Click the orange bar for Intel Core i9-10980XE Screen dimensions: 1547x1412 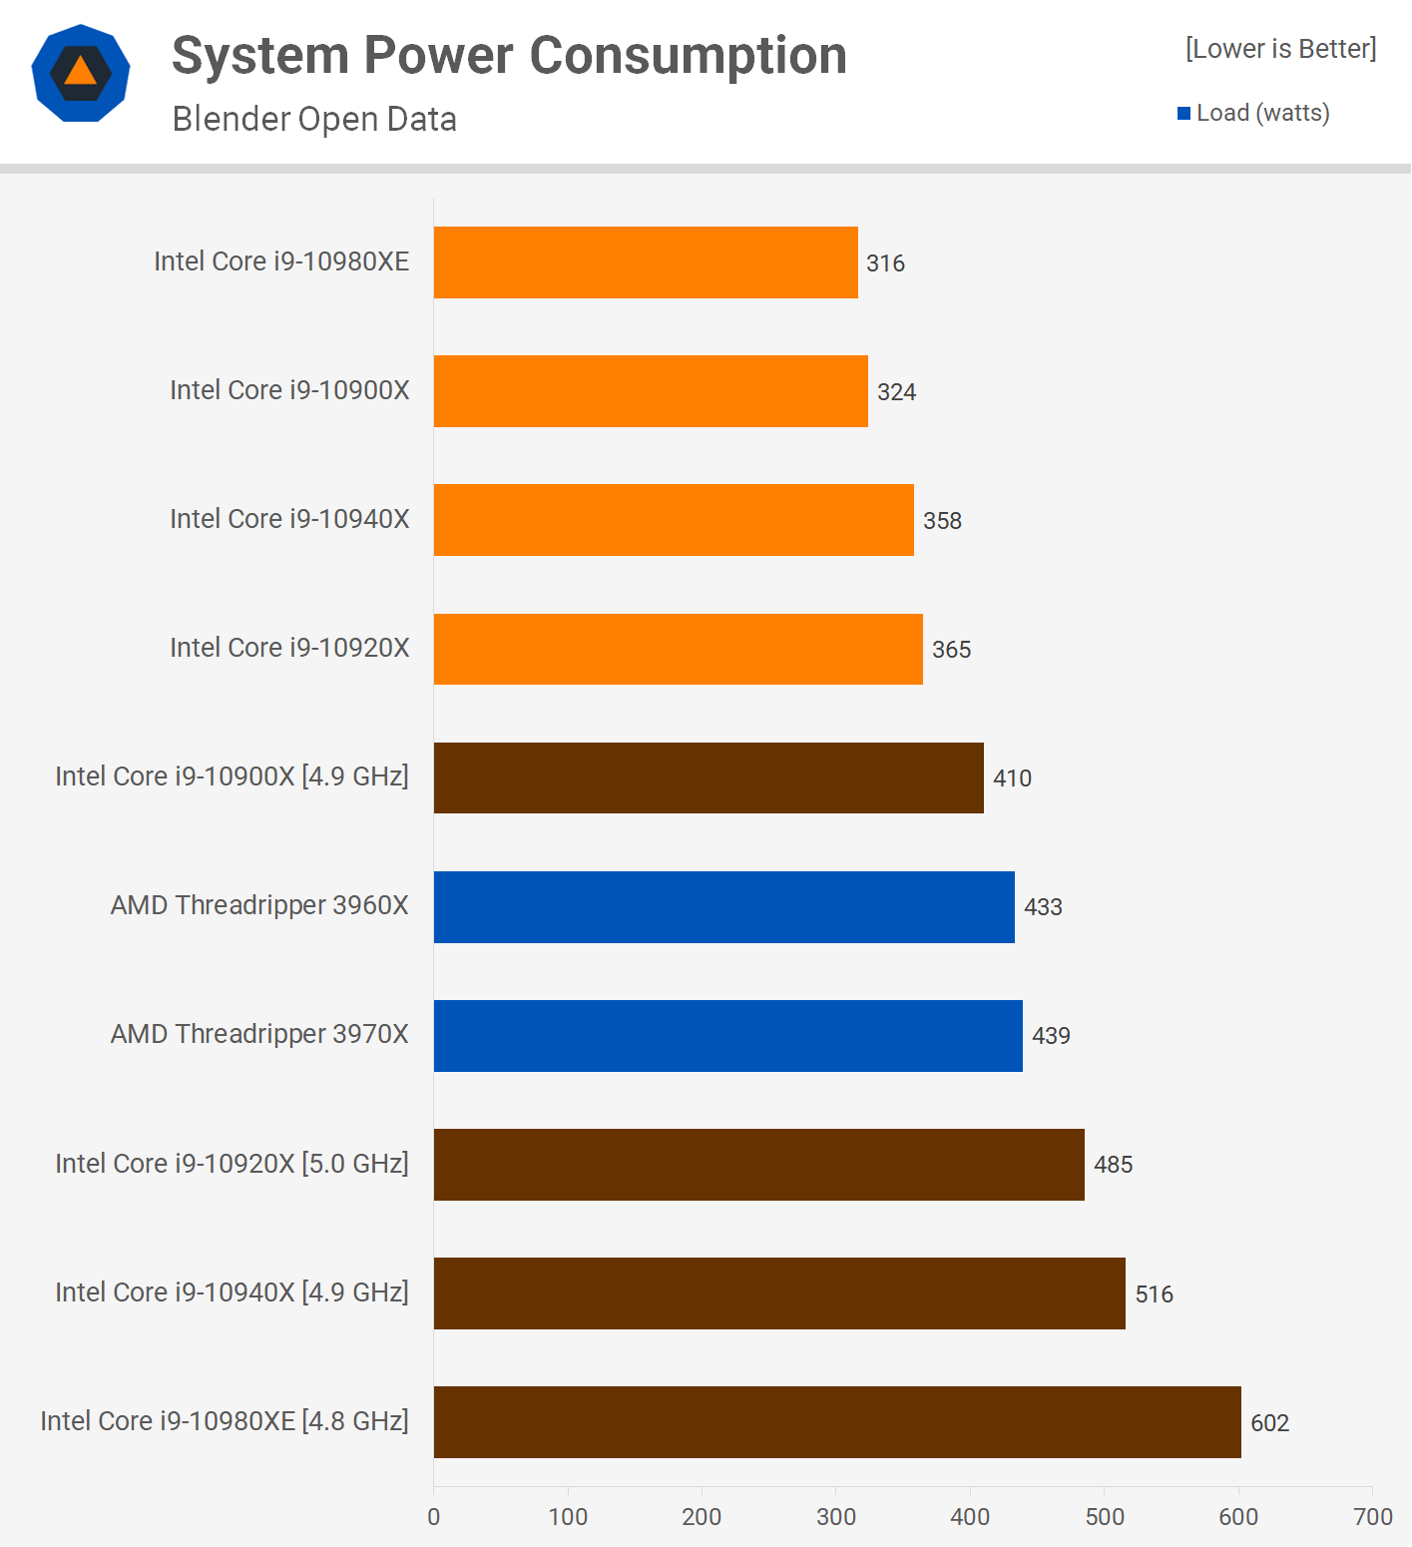click(646, 262)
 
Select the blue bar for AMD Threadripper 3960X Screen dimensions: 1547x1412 click(723, 907)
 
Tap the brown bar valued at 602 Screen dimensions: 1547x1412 click(837, 1422)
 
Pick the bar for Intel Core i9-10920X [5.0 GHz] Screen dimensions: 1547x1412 click(758, 1165)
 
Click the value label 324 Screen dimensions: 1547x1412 click(896, 392)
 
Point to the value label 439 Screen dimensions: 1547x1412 click(1051, 1036)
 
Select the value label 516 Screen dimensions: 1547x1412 click(1154, 1294)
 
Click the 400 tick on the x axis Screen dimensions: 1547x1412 click(970, 1517)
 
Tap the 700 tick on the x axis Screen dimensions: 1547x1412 click(1372, 1517)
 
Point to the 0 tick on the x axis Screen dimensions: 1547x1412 click(434, 1517)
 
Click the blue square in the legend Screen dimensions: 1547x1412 click(1184, 114)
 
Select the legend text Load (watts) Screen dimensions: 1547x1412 click(1262, 113)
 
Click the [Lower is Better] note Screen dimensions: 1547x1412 click(1280, 49)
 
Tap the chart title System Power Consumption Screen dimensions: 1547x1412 click(509, 55)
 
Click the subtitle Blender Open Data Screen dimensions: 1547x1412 click(314, 119)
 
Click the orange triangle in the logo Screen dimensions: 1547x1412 click(81, 72)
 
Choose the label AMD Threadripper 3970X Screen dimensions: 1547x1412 click(259, 1034)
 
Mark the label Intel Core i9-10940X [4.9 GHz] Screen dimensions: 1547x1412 click(232, 1292)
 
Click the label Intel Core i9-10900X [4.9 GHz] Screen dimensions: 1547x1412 click(232, 776)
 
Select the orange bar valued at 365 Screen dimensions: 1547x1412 click(678, 650)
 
